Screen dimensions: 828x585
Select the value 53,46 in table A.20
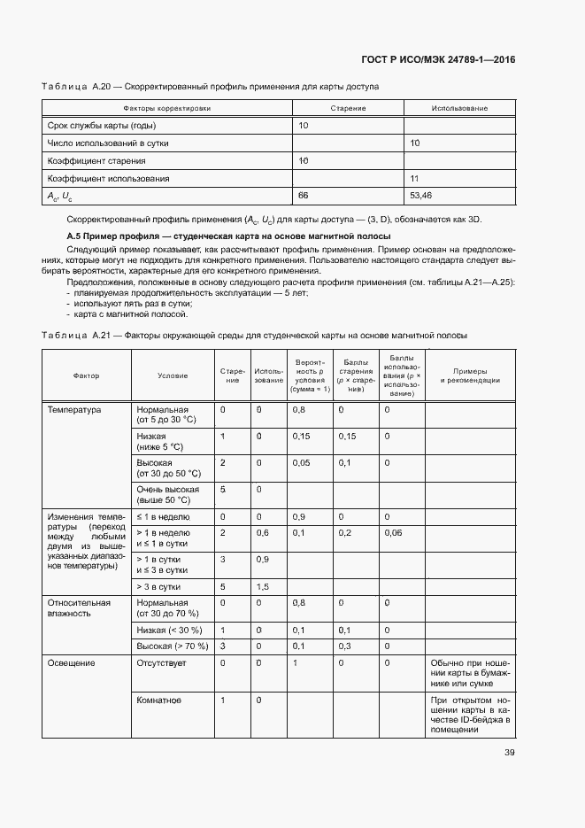[421, 195]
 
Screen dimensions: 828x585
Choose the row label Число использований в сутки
[108, 143]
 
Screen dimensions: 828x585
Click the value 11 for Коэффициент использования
[414, 178]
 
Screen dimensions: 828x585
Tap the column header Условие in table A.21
[173, 375]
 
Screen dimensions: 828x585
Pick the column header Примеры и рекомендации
[470, 375]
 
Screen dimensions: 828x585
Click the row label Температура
[74, 410]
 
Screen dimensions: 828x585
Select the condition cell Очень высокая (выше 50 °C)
[168, 494]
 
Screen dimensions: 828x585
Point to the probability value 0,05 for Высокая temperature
[302, 463]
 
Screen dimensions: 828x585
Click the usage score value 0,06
[393, 532]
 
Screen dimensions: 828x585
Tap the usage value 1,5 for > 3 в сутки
[262, 586]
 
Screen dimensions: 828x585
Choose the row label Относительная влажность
[79, 607]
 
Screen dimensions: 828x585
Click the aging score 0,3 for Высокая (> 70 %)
[344, 646]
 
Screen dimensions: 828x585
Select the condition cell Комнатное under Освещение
[159, 700]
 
